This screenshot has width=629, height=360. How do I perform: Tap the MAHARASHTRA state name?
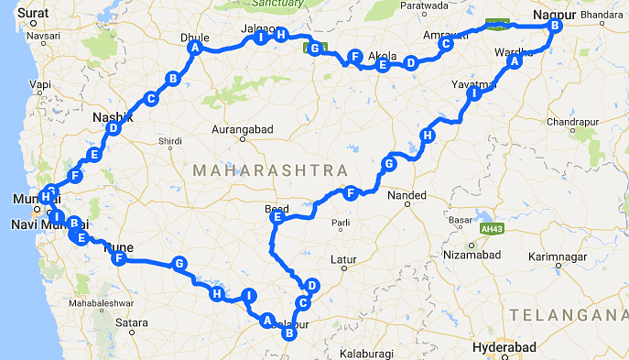tap(270, 171)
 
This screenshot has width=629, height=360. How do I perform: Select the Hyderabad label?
tap(503, 348)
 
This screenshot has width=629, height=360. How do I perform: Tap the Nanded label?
tap(407, 195)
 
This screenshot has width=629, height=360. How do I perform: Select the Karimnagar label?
tap(561, 254)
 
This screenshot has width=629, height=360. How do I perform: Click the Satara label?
tap(131, 322)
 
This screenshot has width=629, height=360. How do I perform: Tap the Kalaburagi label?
tap(364, 352)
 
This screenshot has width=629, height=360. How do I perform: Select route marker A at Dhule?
tap(194, 49)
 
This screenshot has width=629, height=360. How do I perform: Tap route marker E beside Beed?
tap(277, 218)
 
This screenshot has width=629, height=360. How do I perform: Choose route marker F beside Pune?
tap(118, 259)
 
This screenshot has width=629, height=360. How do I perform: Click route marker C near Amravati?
tap(446, 43)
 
